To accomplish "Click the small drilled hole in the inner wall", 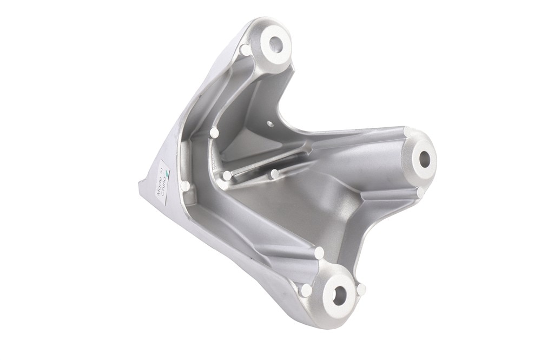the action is (270, 123).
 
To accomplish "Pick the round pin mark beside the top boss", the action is (245, 51).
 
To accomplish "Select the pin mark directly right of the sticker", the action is (184, 186).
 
